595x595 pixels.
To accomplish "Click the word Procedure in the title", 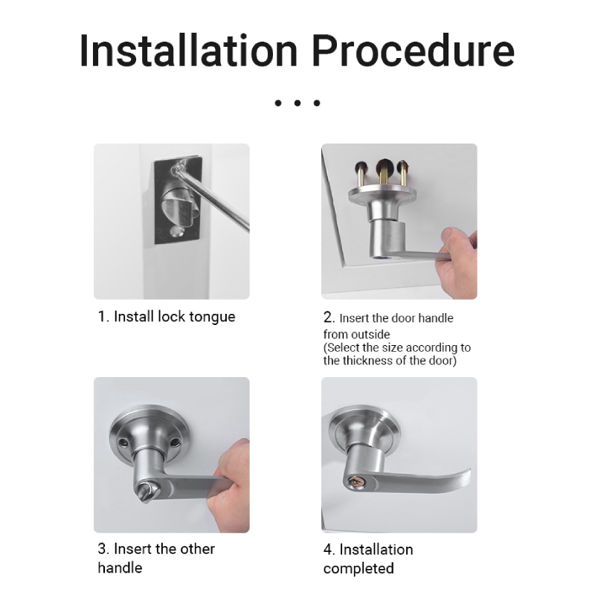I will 414,51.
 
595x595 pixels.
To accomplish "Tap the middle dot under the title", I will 297,103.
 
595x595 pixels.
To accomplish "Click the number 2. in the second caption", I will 329,318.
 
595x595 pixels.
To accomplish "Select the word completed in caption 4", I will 358,568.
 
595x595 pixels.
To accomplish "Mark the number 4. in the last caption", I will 329,550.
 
